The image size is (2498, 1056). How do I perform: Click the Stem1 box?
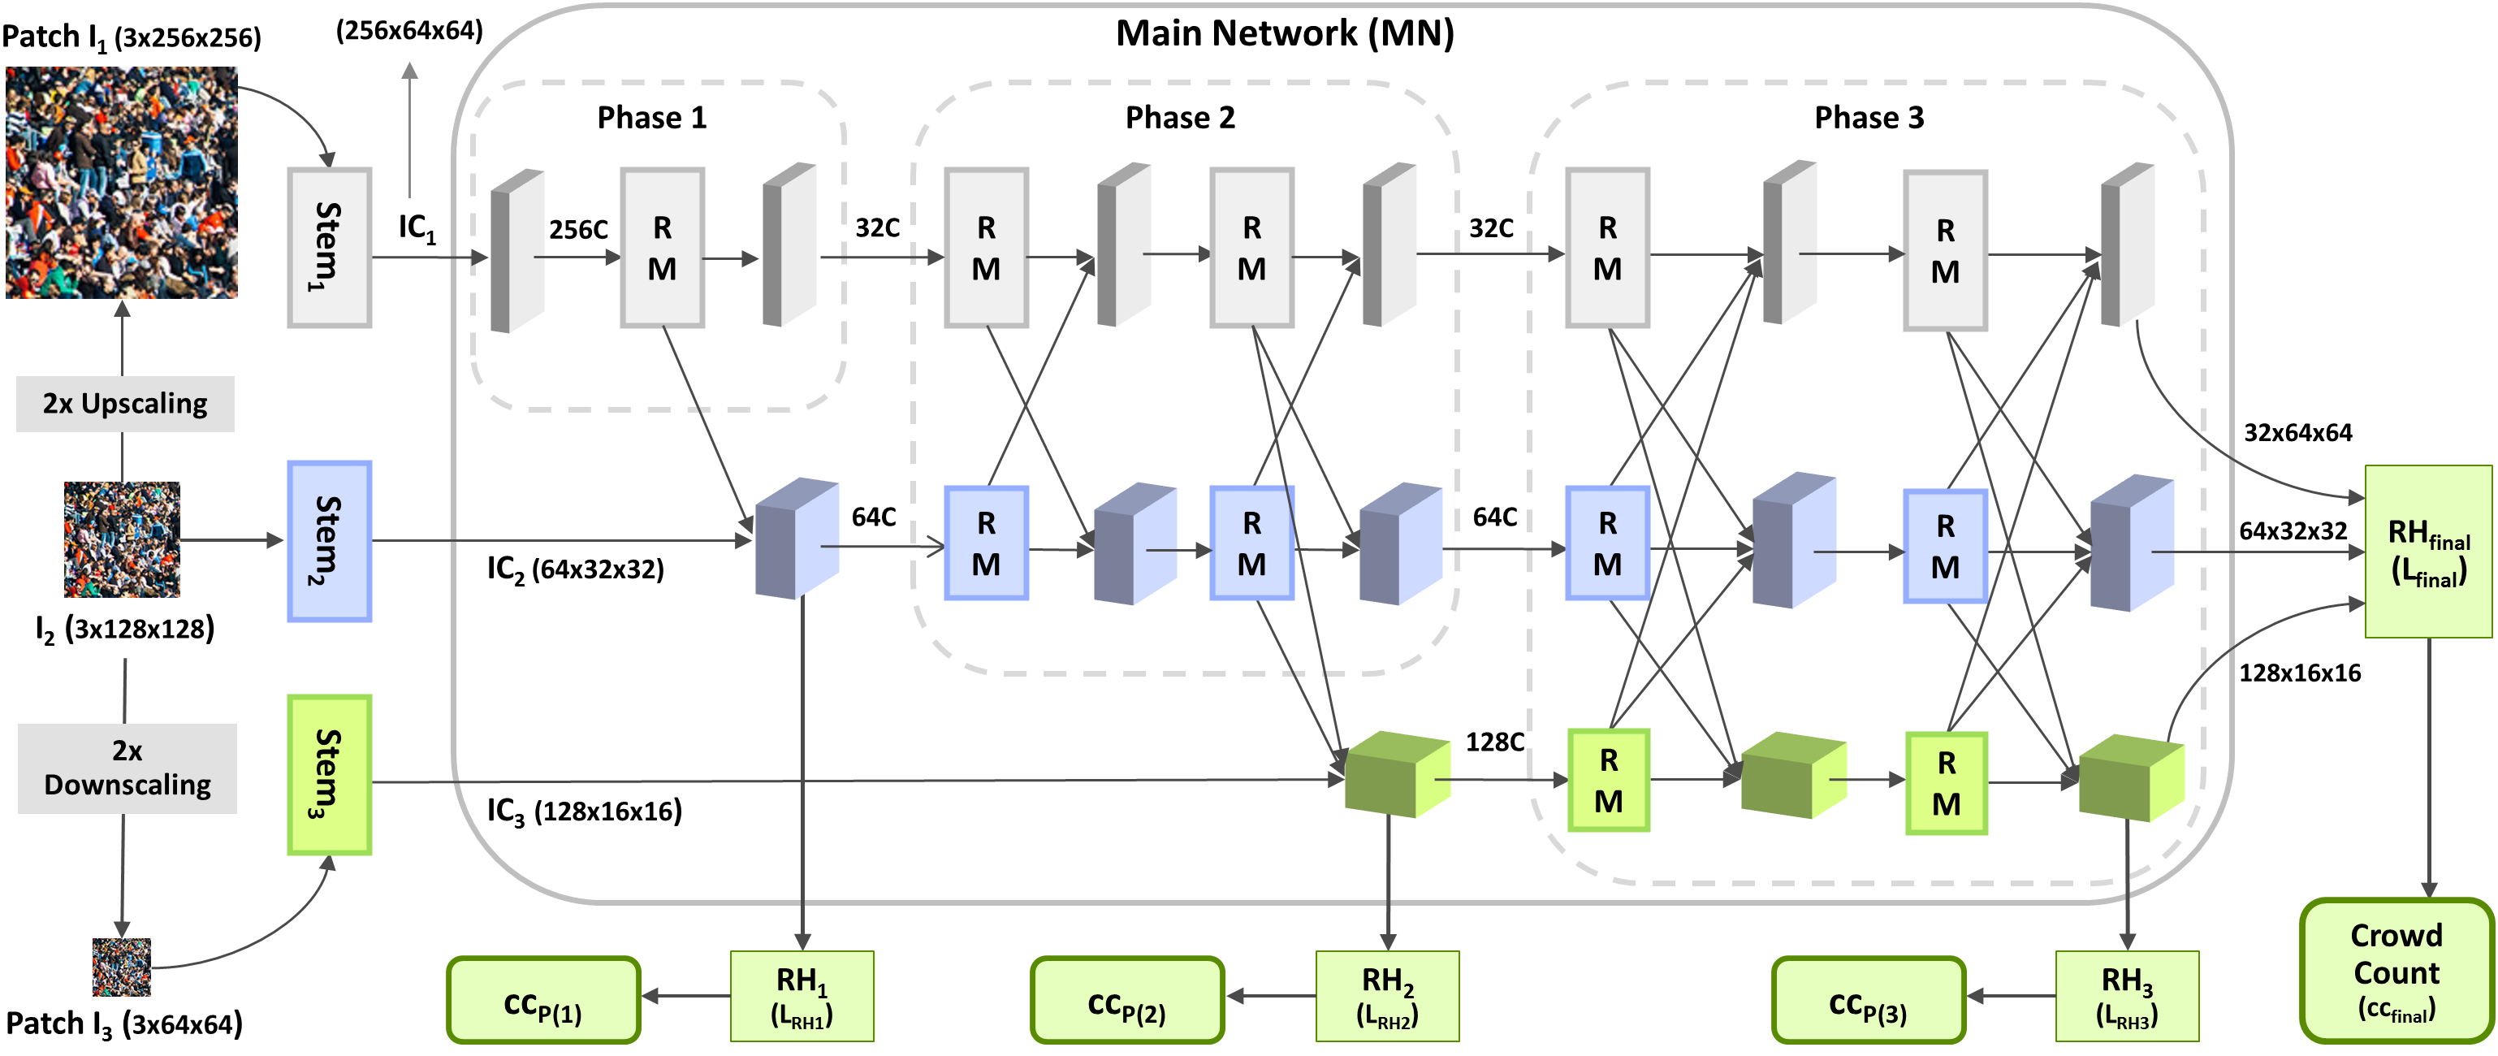(329, 247)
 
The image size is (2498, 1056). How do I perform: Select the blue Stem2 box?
(329, 540)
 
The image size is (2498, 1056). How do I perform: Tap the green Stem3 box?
(329, 774)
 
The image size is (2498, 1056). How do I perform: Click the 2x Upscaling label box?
(125, 404)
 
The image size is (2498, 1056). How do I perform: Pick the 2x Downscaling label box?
(127, 767)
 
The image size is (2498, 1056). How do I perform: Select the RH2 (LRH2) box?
(1387, 995)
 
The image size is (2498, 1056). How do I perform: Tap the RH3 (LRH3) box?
(2127, 995)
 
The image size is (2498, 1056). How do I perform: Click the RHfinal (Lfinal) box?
(2427, 551)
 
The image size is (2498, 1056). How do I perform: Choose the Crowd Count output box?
(2396, 970)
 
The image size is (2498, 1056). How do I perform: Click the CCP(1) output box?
(543, 1000)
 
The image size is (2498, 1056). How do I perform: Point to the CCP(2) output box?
(1127, 1000)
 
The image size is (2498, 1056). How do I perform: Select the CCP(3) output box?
(1868, 1000)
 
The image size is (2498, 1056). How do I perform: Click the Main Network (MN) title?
(1285, 34)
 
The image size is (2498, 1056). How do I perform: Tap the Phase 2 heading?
(1180, 117)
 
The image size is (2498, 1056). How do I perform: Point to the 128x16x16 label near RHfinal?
(2299, 673)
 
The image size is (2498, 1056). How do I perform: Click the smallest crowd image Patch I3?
(121, 967)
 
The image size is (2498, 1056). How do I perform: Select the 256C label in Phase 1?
(578, 230)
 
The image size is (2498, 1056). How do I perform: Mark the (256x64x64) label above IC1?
(409, 31)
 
